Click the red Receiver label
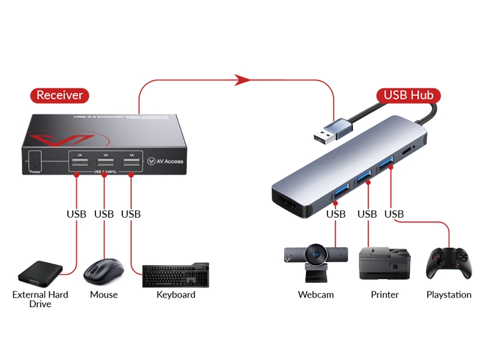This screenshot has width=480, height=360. (59, 95)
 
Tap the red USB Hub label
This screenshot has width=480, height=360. (409, 95)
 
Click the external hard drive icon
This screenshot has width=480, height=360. (41, 274)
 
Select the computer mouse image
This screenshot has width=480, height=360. (103, 272)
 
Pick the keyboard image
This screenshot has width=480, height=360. (175, 275)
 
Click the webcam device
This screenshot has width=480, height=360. (316, 262)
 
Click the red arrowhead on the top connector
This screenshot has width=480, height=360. (242, 79)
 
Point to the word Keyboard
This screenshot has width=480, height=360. (176, 295)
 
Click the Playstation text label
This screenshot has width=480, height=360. (449, 295)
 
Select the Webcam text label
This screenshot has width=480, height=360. (316, 295)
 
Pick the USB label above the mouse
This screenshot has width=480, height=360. (104, 214)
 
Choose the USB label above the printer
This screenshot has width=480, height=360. (367, 214)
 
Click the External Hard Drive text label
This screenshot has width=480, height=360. (40, 299)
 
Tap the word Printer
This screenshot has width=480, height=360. (384, 295)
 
